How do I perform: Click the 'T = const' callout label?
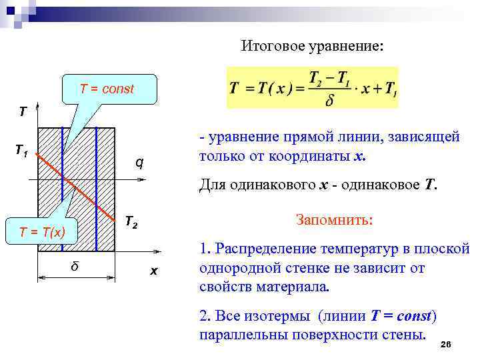coord(107,89)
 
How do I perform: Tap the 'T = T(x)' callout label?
coord(42,232)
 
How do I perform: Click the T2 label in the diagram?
coord(131,222)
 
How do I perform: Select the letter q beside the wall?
coord(139,162)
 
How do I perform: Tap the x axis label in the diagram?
coord(153,271)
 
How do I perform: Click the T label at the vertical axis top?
coord(23,111)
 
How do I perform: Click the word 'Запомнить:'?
coord(333,221)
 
